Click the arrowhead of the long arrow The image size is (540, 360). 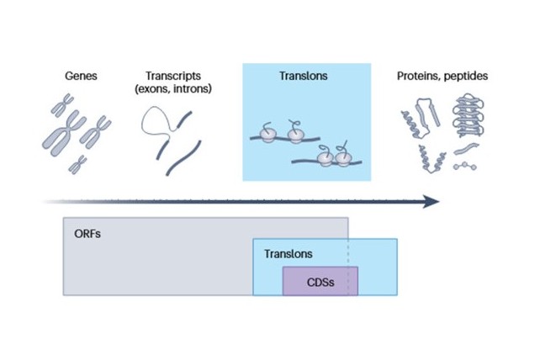click(431, 202)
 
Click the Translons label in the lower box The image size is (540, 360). click(288, 253)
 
